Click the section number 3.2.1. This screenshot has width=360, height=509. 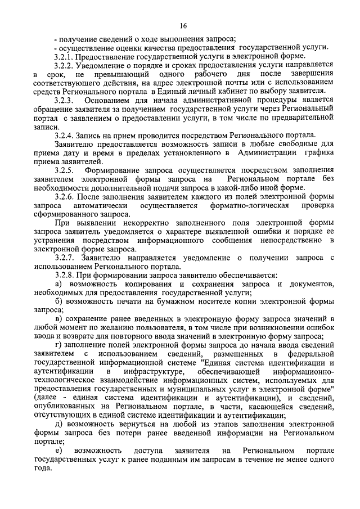pos(65,56)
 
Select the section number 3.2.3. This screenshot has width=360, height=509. pos(65,100)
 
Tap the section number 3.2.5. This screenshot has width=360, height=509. pos(65,170)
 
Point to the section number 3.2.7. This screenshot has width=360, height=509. pos(65,258)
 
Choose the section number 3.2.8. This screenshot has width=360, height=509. pos(65,275)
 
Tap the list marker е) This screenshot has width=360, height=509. pos(59,451)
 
